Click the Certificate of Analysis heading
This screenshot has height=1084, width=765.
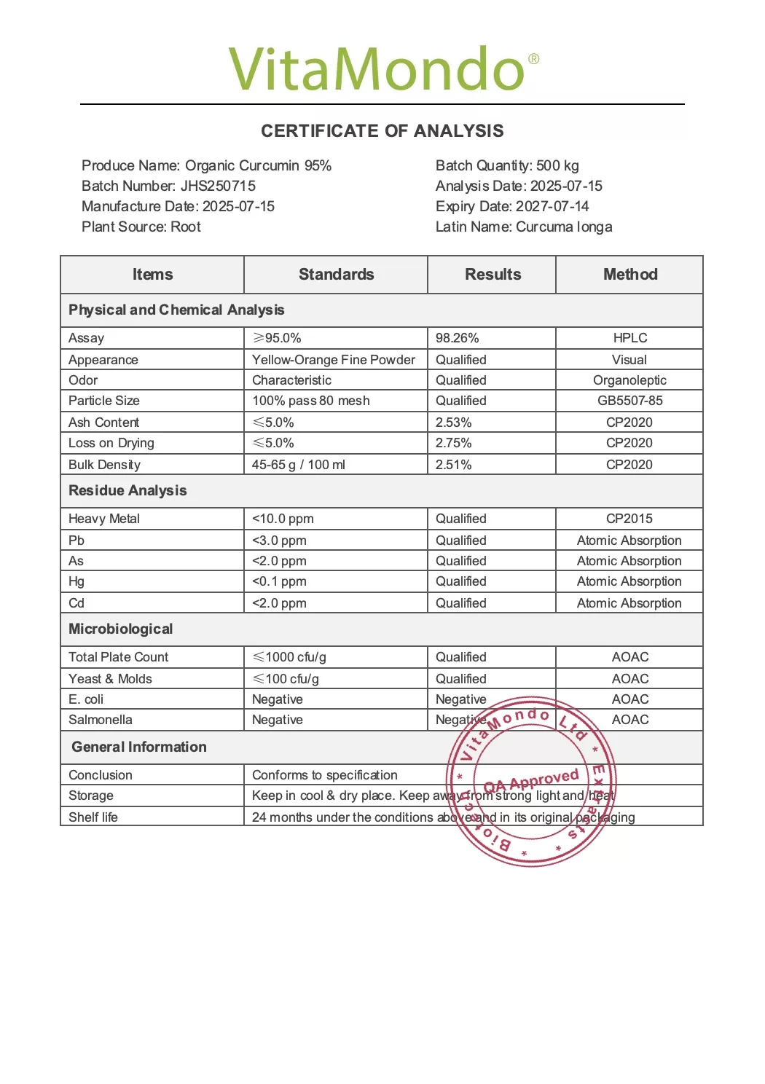pos(382,131)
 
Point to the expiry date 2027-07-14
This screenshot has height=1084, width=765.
pos(552,206)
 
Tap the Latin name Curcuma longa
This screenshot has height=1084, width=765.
pos(564,227)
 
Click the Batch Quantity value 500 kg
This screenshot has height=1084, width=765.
pos(557,165)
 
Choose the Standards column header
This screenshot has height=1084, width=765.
pos(336,275)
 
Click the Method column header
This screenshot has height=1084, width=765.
pos(630,275)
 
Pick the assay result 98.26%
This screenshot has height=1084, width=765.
pos(457,338)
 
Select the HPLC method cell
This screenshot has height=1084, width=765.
pos(630,338)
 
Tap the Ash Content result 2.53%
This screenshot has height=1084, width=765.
pos(453,423)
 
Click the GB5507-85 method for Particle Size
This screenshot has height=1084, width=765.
pos(630,401)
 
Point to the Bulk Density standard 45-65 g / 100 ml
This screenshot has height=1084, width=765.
pos(299,465)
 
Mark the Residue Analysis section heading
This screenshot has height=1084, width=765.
pos(127,491)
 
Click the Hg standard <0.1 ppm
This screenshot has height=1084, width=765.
pos(279,581)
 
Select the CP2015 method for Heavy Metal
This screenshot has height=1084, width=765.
pos(629,519)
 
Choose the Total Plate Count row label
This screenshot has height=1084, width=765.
pos(118,657)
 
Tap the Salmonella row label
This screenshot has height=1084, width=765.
pos(101,720)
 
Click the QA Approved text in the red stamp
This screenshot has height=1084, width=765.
pos(531,781)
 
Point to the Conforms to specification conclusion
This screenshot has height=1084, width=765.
pos(325,775)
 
